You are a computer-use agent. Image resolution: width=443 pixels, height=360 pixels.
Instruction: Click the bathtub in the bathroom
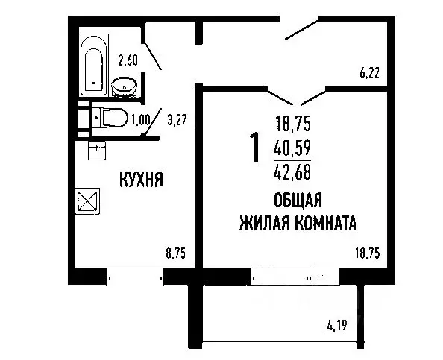(94, 66)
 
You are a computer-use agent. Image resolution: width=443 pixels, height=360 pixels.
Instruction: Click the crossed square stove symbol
(89, 201)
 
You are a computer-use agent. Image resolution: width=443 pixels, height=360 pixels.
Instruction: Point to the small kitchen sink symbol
(96, 151)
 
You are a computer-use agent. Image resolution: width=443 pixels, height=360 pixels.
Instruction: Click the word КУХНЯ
(142, 180)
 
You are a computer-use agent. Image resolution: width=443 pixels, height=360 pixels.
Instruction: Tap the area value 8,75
(175, 253)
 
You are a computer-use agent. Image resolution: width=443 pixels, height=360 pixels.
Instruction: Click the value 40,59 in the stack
(293, 148)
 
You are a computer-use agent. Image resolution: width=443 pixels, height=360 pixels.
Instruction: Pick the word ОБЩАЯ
(298, 200)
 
